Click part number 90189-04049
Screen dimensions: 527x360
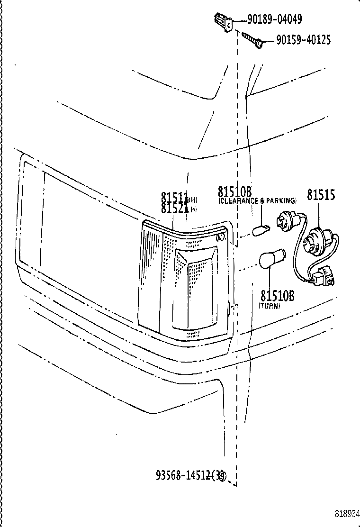coord(274,19)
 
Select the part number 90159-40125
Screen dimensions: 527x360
coord(303,40)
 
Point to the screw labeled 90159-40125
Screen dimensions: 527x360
coord(252,39)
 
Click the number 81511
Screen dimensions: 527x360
coord(174,197)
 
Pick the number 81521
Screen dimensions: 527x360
coord(174,208)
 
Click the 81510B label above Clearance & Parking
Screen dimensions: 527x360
coord(234,191)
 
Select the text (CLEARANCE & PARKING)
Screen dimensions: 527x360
coord(257,201)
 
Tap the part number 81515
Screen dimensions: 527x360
coord(321,194)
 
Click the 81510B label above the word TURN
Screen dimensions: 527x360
coord(277,296)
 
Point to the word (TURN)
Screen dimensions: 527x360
coord(269,306)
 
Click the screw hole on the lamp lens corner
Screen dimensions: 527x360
coord(219,237)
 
